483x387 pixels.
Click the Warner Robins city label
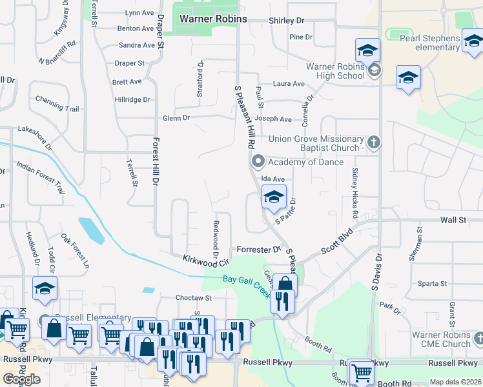213,19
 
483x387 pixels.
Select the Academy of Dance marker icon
258,161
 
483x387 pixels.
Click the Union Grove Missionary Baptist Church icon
374,141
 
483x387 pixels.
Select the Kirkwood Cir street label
206,261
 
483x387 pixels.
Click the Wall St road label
453,220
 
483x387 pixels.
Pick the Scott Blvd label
338,241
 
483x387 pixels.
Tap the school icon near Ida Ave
274,197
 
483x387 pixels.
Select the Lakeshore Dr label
38,129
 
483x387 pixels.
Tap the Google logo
21,379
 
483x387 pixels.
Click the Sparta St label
433,283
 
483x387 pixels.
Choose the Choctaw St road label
194,298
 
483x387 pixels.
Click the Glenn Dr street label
176,118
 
